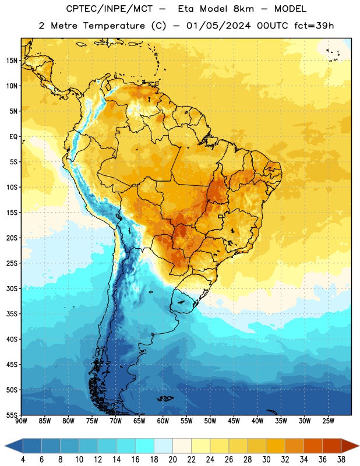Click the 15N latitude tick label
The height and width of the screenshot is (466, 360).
tap(12, 61)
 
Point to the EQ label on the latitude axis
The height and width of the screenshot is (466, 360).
tap(13, 137)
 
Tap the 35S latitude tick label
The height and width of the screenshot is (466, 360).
tap(12, 314)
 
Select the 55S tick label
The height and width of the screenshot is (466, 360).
tap(12, 415)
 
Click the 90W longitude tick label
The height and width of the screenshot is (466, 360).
tap(21, 421)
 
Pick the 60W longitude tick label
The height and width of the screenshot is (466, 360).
tap(163, 421)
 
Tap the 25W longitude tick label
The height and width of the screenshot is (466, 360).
tap(328, 421)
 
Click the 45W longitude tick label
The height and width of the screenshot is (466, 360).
tap(234, 421)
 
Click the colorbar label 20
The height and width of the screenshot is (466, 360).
tap(172, 460)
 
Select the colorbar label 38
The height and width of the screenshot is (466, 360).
tap(341, 460)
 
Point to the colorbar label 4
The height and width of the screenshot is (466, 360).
tap(23, 460)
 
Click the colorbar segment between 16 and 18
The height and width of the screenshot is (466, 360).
tap(144, 446)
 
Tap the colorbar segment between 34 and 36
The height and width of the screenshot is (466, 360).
tap(313, 446)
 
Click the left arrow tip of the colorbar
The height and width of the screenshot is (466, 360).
tap(5, 446)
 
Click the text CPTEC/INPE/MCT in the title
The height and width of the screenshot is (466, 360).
tap(110, 9)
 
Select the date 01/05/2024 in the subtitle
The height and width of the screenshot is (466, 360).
tap(218, 26)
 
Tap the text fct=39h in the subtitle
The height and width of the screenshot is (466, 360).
tap(314, 26)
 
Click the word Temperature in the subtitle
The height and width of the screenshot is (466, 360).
tap(114, 26)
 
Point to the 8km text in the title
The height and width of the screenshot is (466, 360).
tap(243, 9)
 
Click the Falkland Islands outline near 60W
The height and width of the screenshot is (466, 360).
tap(165, 398)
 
